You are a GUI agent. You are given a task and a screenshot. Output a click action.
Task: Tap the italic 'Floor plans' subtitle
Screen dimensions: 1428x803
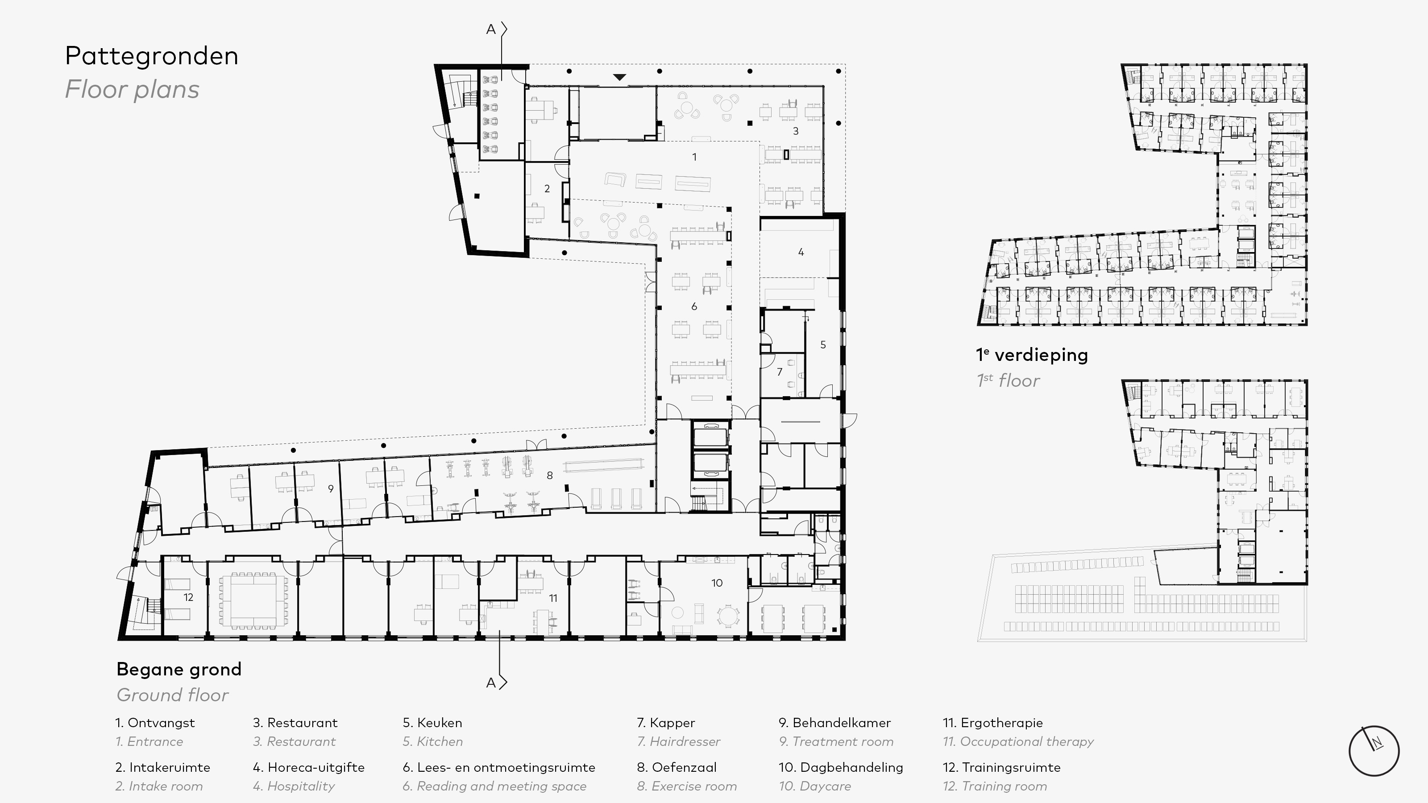point(132,89)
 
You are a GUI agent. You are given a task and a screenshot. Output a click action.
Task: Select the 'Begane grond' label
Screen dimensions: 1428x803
point(179,670)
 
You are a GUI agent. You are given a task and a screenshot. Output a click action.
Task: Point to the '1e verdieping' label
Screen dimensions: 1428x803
point(1032,355)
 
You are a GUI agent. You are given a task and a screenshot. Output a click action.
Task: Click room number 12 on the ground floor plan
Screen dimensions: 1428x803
point(188,597)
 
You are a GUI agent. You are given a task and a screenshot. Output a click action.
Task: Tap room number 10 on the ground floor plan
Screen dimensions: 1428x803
point(717,583)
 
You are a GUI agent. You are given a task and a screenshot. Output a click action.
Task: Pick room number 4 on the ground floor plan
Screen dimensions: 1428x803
point(801,252)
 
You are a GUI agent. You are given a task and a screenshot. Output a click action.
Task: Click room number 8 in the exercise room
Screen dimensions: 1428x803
point(549,475)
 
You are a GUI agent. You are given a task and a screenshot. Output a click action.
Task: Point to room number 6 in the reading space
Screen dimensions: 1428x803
point(694,306)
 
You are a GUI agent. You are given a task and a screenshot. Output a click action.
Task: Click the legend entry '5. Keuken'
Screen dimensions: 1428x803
point(432,723)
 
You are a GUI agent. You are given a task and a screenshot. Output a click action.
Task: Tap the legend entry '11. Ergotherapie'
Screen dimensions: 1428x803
point(993,723)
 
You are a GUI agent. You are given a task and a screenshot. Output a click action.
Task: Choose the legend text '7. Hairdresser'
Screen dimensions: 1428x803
point(678,741)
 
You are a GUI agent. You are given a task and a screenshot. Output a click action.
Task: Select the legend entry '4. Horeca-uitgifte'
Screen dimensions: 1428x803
point(309,767)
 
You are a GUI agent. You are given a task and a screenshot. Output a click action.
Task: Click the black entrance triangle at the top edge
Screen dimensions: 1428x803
point(620,77)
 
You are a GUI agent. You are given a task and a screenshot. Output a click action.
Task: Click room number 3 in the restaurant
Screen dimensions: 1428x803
point(796,131)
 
